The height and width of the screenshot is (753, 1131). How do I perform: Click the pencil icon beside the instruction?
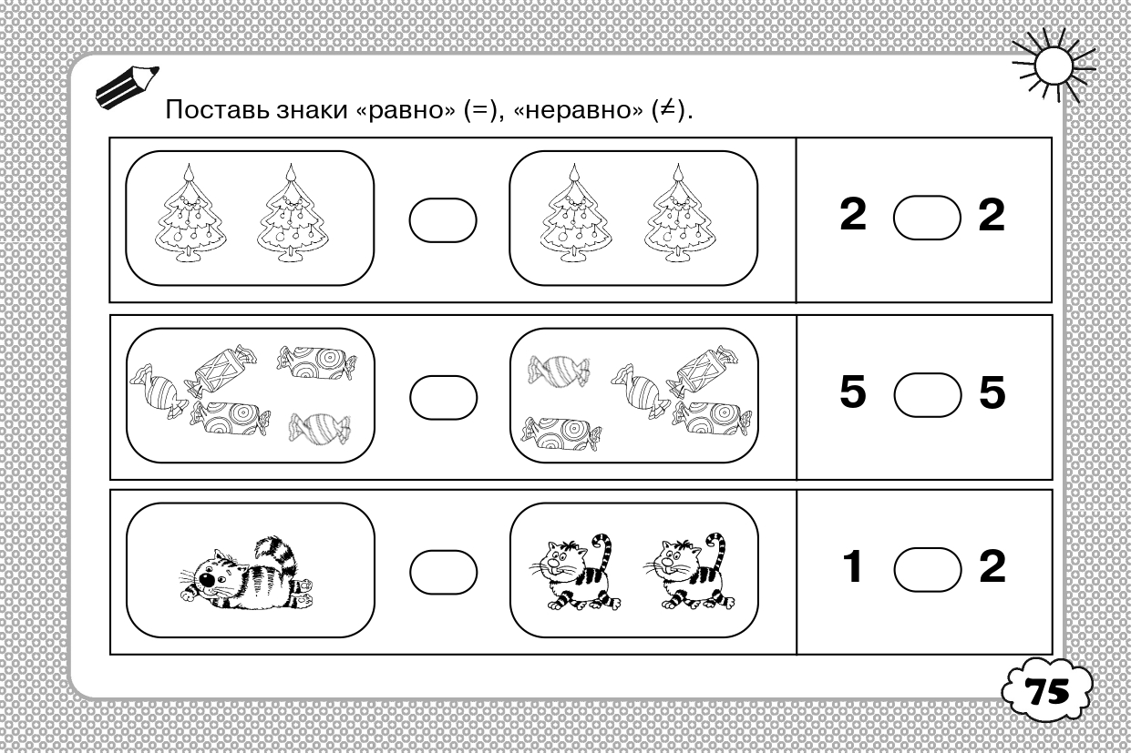pos(127,87)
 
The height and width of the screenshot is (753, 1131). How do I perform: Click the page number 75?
pos(1046,690)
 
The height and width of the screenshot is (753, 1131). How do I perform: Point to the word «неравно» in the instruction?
pos(578,110)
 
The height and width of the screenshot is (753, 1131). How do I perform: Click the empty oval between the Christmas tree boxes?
pos(443,220)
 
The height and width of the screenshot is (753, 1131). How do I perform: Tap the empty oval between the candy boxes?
pos(443,397)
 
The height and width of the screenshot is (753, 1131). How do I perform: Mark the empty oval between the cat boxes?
pos(443,572)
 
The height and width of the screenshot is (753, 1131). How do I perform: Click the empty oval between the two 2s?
pos(927,218)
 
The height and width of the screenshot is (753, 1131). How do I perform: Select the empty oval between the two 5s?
pos(928,394)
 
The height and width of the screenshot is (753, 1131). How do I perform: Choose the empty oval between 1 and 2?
pos(928,569)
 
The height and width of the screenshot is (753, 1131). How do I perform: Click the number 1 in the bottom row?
pos(853,566)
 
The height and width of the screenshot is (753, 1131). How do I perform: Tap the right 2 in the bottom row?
pos(992,566)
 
